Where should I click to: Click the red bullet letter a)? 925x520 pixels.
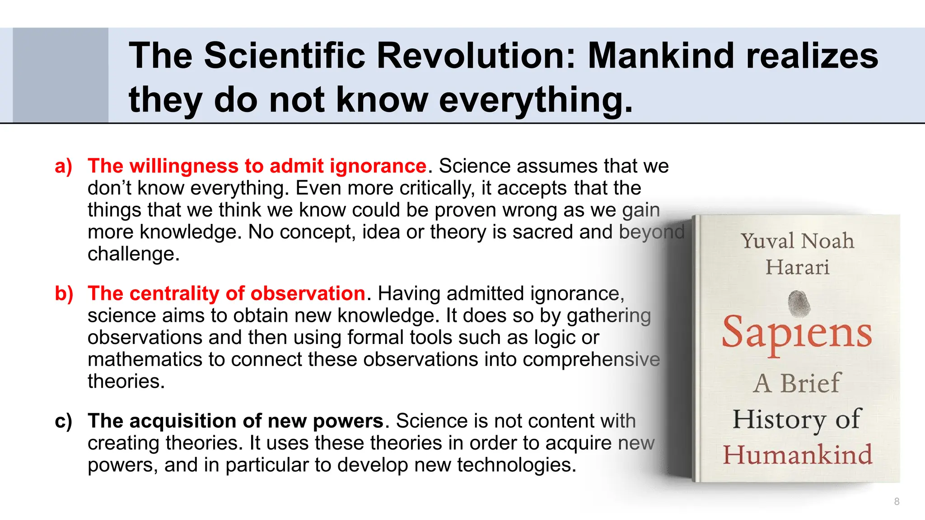coord(64,166)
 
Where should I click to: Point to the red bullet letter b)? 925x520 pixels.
coord(64,294)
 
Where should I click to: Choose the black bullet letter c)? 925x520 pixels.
coord(64,421)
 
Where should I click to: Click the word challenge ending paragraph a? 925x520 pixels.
coord(133,254)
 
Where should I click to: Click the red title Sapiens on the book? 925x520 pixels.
coord(797,334)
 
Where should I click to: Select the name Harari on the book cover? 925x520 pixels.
coord(797,267)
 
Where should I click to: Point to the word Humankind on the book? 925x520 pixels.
coord(797,455)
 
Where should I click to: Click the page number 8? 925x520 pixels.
coord(897,501)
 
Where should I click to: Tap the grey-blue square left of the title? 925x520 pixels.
coord(61,75)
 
